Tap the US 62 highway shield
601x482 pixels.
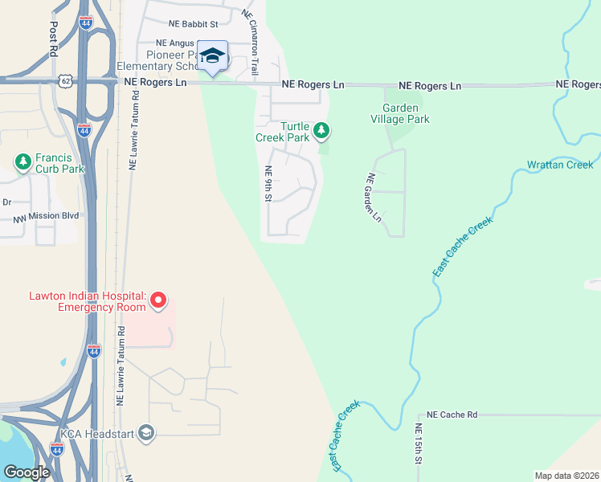pyautogui.click(x=66, y=80)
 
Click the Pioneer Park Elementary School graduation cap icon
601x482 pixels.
pyautogui.click(x=212, y=55)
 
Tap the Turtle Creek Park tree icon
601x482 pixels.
pyautogui.click(x=321, y=129)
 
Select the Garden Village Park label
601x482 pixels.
pyautogui.click(x=406, y=113)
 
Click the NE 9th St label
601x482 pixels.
pyautogui.click(x=269, y=184)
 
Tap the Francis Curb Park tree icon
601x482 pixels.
pyautogui.click(x=23, y=162)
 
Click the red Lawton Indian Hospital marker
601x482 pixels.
pyautogui.click(x=158, y=301)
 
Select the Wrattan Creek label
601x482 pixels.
pyautogui.click(x=560, y=165)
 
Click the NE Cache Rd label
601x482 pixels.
pyautogui.click(x=452, y=415)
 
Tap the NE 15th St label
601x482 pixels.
pyautogui.click(x=419, y=444)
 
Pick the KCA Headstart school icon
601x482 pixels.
pyautogui.click(x=145, y=433)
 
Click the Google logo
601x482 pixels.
pyautogui.click(x=27, y=472)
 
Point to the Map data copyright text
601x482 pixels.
pyautogui.click(x=566, y=476)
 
